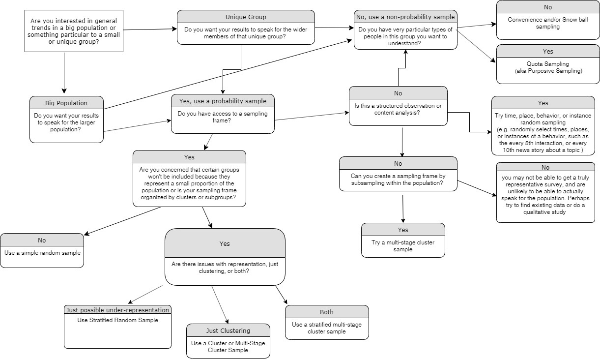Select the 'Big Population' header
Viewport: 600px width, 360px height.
coord(66,103)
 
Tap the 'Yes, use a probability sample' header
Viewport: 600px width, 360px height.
coord(223,101)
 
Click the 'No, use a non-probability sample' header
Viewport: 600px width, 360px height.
coord(405,17)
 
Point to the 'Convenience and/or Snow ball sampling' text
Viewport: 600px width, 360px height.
coord(548,23)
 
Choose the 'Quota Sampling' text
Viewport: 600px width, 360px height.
coord(548,64)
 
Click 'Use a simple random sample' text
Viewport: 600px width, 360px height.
coord(42,253)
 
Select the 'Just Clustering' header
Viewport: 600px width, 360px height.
coord(228,330)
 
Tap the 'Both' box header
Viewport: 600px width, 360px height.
coord(327,312)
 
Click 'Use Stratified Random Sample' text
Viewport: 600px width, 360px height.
coord(118,320)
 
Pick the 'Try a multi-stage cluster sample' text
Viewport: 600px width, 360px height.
coord(403,246)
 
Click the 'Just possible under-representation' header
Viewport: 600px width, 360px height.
coord(118,310)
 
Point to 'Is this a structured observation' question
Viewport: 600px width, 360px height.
coord(398,109)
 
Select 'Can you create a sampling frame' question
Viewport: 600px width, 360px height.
coord(398,179)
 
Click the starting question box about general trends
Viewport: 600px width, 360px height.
coord(74,30)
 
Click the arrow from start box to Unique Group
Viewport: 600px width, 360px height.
coord(150,30)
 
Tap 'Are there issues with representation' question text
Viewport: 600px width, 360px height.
coord(225,268)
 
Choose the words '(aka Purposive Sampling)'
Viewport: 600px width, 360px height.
coord(548,71)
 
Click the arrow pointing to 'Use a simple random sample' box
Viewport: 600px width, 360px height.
coord(123,220)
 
